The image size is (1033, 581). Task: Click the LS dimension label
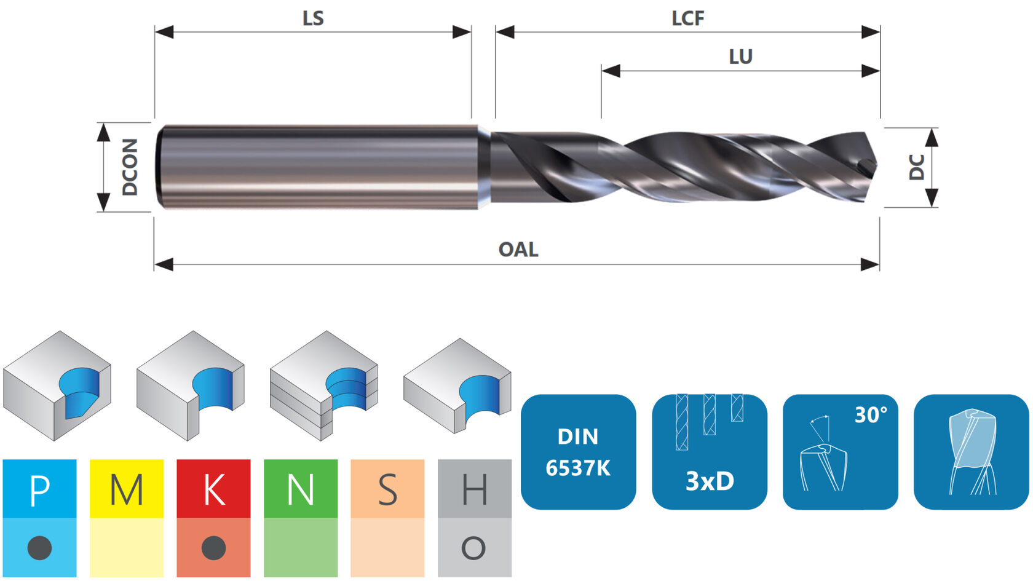313,18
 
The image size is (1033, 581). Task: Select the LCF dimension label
687,18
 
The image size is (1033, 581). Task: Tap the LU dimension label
740,57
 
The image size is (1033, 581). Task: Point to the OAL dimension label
518,250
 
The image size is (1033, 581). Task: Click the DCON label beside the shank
130,167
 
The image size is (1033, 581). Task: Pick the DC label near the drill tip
916,167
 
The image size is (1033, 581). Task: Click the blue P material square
39,488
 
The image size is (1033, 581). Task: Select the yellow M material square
127,488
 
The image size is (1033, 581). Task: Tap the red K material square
213,488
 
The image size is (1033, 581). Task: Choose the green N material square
301,488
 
